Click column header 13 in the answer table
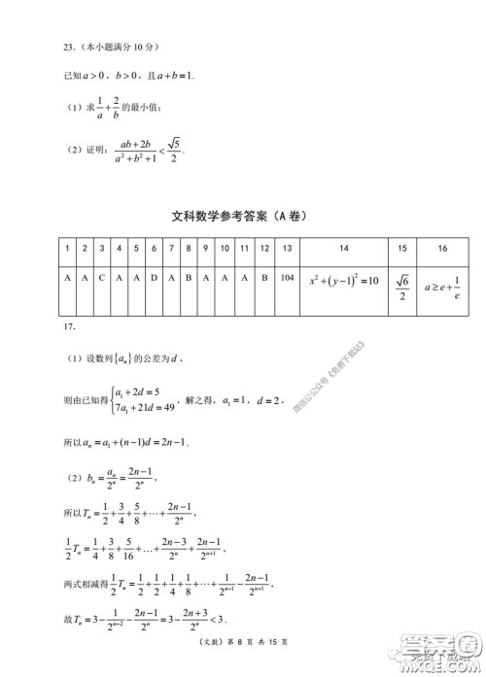click(x=286, y=249)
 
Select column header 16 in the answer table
click(x=442, y=249)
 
